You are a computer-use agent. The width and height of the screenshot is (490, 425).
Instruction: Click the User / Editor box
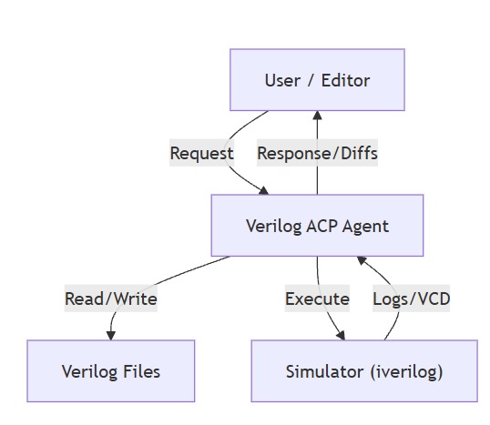tap(317, 80)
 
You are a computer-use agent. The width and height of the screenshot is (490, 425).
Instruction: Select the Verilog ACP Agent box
tap(317, 225)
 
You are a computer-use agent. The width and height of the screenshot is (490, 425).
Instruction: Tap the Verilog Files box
tap(110, 370)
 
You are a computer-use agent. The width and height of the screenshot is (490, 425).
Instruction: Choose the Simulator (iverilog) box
tap(363, 370)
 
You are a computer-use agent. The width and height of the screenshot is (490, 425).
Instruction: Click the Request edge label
tap(202, 153)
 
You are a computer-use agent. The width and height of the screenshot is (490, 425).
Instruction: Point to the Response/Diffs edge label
tap(317, 153)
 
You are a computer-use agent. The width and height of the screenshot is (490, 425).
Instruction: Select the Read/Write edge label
tap(110, 299)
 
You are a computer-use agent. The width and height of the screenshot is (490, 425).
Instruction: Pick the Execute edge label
tap(317, 299)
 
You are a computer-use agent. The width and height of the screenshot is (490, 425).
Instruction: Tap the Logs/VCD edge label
tap(411, 299)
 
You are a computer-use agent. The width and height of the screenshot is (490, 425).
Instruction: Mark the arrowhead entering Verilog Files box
tap(111, 335)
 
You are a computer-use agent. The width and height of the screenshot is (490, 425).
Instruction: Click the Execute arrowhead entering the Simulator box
tap(342, 335)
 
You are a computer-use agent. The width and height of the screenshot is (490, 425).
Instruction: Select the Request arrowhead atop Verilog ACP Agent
tap(264, 189)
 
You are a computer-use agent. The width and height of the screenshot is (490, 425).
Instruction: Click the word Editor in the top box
tap(345, 80)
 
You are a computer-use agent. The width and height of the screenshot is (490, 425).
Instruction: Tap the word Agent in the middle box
tap(365, 225)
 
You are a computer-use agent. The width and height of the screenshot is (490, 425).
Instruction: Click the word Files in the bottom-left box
tap(140, 370)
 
